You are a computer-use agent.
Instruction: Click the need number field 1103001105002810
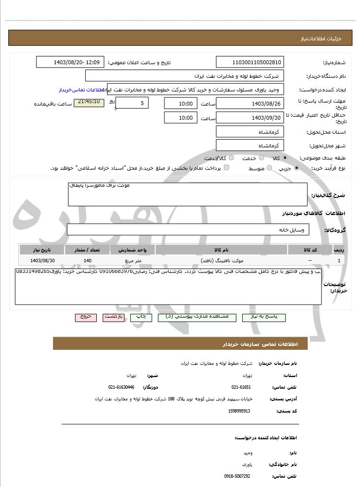[x=250, y=62]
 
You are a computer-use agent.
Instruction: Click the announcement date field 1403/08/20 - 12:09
[x=70, y=62]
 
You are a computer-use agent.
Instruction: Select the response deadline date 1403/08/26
[x=250, y=103]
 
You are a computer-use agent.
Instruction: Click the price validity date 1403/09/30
[x=250, y=118]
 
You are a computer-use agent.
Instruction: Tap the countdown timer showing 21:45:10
[x=89, y=103]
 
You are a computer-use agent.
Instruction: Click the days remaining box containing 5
[x=132, y=103]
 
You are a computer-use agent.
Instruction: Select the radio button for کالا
[x=285, y=158]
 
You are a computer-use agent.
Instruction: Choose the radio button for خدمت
[x=262, y=158]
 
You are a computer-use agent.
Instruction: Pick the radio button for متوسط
[x=269, y=168]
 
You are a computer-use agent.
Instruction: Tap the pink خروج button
[x=86, y=317]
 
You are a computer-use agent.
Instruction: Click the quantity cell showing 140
[x=88, y=261]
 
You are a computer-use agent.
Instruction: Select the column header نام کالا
[x=221, y=250]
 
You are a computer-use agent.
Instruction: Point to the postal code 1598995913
[x=239, y=411]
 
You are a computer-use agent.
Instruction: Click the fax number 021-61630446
[x=121, y=387]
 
